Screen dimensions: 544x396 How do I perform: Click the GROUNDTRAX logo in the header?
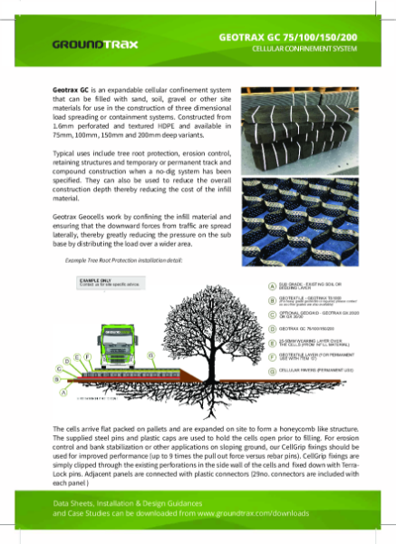[83, 44]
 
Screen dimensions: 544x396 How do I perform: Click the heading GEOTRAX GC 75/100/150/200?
[295, 34]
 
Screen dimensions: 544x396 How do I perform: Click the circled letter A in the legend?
[273, 287]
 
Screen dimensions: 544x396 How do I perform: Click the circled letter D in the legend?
[273, 328]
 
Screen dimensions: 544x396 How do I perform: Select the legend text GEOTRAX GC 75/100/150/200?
[314, 328]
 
